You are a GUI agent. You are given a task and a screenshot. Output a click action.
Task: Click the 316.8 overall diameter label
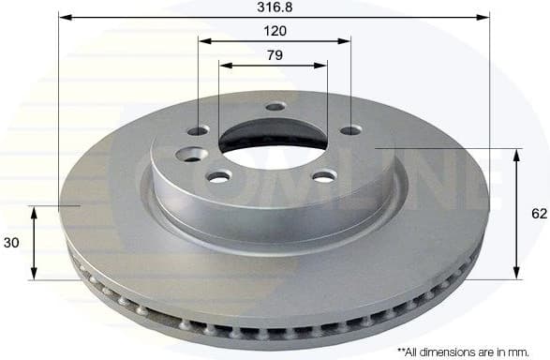click(275, 7)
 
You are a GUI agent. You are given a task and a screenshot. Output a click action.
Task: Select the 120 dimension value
click(275, 31)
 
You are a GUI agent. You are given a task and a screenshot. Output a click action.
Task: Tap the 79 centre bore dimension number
click(274, 55)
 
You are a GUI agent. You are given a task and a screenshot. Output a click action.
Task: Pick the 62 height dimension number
click(538, 214)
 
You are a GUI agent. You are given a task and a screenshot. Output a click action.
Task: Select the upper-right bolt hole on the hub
click(349, 129)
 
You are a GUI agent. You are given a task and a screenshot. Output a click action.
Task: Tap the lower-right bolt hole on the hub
click(323, 176)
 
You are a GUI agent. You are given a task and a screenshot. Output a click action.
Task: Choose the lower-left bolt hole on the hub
click(219, 176)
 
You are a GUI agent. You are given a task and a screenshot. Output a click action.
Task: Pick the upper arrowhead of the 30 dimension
click(35, 212)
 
